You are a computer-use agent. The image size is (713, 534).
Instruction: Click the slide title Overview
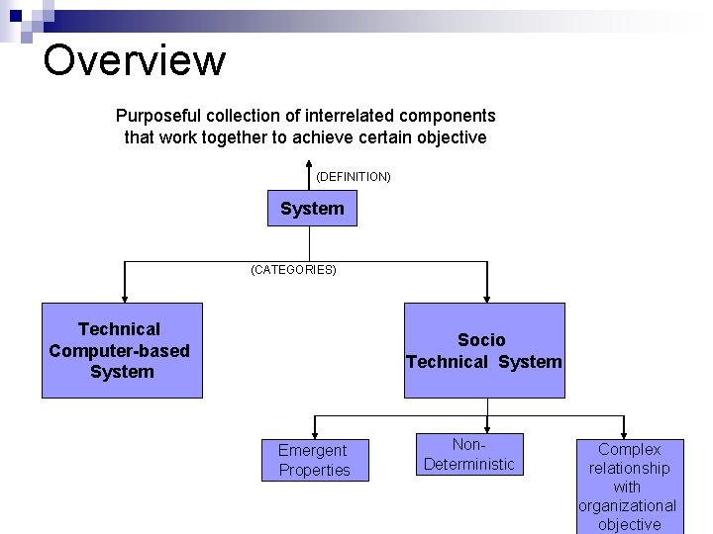[135, 60]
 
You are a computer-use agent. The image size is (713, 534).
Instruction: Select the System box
[312, 209]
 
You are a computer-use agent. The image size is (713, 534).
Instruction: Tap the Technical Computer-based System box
[121, 350]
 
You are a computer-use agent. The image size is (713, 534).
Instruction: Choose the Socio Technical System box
[483, 351]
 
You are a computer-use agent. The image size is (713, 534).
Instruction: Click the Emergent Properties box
[314, 460]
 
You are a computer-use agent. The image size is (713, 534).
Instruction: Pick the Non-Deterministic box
[469, 455]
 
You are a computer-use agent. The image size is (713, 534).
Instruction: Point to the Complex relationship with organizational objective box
[629, 487]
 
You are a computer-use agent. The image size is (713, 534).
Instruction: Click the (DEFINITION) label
[354, 177]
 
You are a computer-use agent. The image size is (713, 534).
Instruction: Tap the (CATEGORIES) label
[293, 269]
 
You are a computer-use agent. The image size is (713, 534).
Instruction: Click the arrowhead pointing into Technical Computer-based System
[124, 295]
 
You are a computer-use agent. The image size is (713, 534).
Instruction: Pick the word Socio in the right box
[481, 340]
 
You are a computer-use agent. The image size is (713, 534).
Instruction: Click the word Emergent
[313, 450]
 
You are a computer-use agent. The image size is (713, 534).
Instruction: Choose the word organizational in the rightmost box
[628, 505]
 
